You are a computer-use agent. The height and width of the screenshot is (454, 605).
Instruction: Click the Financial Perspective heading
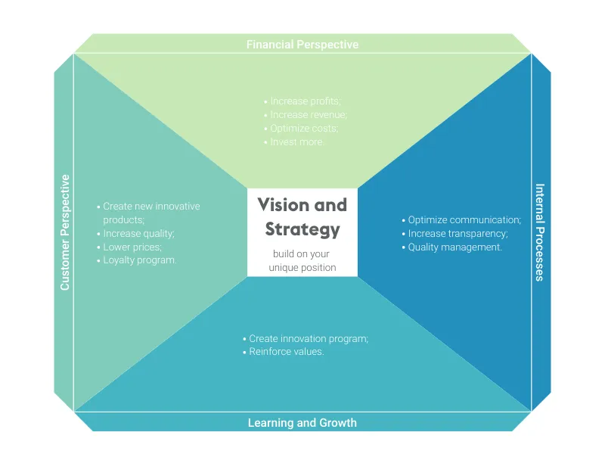point(302,45)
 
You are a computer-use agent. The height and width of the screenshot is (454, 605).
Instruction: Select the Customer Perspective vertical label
point(65,232)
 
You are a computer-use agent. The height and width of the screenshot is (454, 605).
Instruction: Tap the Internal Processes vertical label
point(539,232)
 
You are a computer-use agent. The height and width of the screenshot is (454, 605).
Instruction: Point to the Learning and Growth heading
point(302,422)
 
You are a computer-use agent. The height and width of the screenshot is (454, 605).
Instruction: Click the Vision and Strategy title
point(302,216)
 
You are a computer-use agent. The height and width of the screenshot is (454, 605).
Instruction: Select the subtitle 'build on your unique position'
point(302,261)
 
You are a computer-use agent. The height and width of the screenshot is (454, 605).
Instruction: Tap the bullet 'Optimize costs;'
point(303,129)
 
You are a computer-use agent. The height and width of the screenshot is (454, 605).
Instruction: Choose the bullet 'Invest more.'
point(296,142)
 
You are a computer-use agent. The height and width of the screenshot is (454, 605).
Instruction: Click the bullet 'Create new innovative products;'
point(150,213)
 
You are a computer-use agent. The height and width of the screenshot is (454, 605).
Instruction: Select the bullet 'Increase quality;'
point(138,234)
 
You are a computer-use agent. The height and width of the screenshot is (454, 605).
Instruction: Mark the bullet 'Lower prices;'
point(132,247)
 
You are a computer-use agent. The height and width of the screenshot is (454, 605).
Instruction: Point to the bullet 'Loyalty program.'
point(139,261)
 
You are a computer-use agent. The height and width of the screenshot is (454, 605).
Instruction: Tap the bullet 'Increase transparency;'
point(457,234)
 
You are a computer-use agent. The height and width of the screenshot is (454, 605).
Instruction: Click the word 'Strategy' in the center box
point(302,229)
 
